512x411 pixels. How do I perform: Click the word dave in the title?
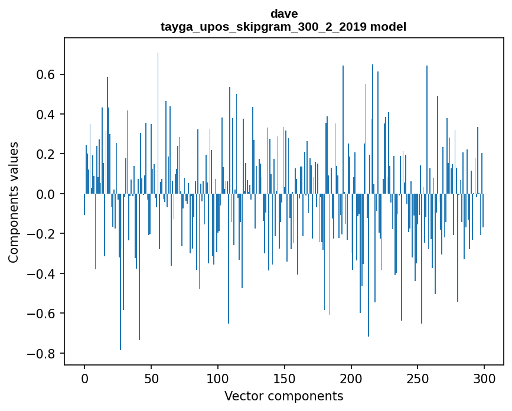tap(283, 13)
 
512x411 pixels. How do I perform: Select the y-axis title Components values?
tap(14, 202)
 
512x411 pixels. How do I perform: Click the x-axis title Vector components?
tap(283, 396)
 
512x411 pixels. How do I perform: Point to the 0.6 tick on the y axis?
tap(47, 74)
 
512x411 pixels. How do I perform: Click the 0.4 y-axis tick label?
tap(47, 114)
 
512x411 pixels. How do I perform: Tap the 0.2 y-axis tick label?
tap(47, 154)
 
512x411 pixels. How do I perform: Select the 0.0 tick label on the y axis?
tap(47, 194)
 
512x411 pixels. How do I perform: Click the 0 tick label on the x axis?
tap(84, 378)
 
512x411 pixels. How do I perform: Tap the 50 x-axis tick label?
tap(151, 378)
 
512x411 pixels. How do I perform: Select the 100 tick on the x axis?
tap(218, 378)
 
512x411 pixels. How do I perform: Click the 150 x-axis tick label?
tap(285, 378)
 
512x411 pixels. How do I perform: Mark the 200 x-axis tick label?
tap(351, 378)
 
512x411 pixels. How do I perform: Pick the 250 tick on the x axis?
tap(418, 378)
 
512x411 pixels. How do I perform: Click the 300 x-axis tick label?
tap(485, 378)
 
